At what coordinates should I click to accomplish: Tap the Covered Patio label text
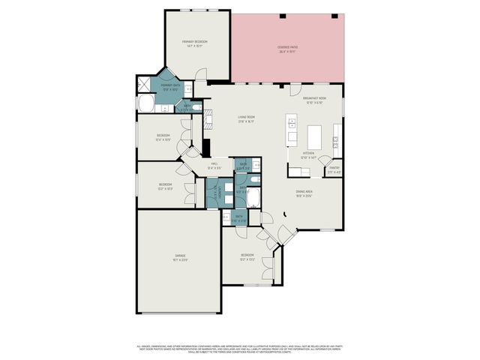click(287, 49)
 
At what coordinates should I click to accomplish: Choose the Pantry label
click(334, 169)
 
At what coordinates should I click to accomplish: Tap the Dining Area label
click(304, 194)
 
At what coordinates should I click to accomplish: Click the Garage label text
click(180, 257)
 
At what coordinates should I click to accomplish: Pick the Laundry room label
click(220, 193)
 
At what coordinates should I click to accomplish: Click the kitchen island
click(314, 136)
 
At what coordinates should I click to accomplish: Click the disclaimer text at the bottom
click(240, 349)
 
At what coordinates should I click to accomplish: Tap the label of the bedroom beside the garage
click(247, 257)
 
